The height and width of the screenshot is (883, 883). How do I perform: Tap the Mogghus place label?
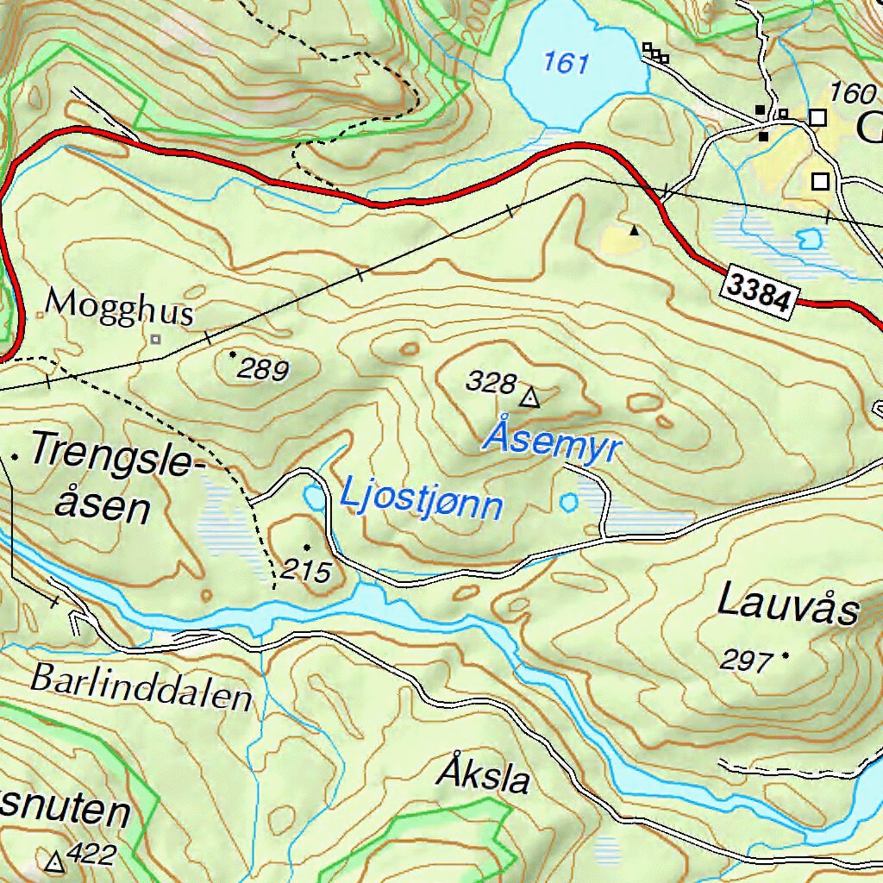(x=119, y=307)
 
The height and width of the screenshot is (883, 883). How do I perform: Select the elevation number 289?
(x=263, y=370)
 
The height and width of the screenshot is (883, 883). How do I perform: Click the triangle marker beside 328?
(x=529, y=398)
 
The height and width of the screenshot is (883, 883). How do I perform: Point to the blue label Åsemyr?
(x=552, y=441)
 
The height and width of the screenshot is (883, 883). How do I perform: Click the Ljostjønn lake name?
(x=421, y=500)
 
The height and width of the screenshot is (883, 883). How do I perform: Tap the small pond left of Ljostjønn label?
(x=315, y=497)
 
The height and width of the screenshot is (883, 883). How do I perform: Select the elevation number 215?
(x=305, y=570)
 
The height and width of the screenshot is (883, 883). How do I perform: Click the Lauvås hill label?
(x=788, y=604)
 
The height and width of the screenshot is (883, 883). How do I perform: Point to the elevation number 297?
(x=746, y=661)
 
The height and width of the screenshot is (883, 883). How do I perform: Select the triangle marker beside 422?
(x=56, y=861)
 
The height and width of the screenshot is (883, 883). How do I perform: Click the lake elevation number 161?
(x=567, y=63)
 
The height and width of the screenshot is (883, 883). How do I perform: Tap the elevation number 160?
(x=851, y=91)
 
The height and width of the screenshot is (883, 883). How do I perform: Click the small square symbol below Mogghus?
(x=155, y=340)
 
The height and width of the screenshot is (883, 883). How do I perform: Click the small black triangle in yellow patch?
(x=635, y=230)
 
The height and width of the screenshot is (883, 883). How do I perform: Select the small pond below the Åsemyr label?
(x=568, y=502)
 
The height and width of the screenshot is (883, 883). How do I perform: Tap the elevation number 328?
(x=491, y=382)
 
